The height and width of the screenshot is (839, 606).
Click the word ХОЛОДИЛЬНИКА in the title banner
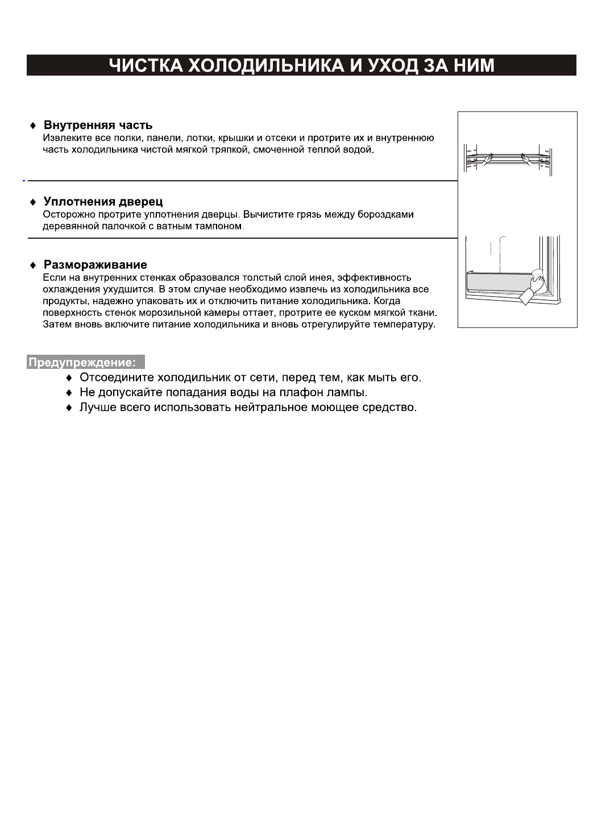tap(267, 65)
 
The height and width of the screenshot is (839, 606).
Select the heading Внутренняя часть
tap(98, 125)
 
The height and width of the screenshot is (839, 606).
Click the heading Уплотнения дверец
tap(103, 202)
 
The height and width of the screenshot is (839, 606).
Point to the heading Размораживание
tap(95, 265)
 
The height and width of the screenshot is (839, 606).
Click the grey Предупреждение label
tap(85, 362)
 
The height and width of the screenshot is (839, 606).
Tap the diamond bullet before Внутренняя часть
tap(33, 126)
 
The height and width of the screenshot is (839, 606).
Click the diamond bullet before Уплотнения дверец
tap(33, 202)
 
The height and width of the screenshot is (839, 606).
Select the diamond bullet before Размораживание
tap(33, 265)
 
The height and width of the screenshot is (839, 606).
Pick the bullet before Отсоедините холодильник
tap(69, 378)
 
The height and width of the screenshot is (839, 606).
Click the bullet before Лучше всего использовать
tap(69, 408)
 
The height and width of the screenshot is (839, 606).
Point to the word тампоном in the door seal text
tap(222, 226)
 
